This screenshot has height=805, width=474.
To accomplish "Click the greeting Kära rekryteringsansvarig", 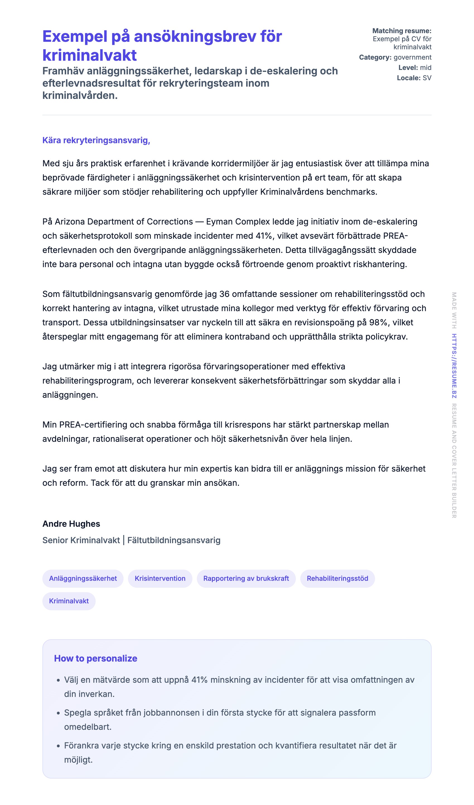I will (x=96, y=140).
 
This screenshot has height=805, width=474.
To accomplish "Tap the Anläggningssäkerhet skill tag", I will (x=83, y=578).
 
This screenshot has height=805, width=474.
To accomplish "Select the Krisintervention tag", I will (x=160, y=578).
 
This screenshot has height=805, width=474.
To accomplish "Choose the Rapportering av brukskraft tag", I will (x=246, y=578).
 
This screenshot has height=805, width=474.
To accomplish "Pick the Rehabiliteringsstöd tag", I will (x=337, y=578).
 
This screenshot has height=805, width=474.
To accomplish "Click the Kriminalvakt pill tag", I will (x=69, y=601).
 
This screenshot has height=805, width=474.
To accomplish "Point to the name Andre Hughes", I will (x=71, y=524).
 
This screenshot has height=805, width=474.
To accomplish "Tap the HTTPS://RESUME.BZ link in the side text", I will (x=454, y=366).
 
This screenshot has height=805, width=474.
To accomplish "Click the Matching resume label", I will (x=402, y=31).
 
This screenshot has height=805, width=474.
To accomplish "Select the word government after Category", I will (x=412, y=57).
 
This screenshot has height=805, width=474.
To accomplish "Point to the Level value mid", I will (x=425, y=67).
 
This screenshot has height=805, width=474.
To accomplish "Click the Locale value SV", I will (x=427, y=78).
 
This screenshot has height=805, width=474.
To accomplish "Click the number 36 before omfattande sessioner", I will (x=224, y=294).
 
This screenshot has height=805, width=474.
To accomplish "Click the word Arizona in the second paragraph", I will (x=70, y=221).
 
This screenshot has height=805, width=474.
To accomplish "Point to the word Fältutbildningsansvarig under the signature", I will (x=174, y=540).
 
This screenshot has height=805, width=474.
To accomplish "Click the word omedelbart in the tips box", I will (x=88, y=727).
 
